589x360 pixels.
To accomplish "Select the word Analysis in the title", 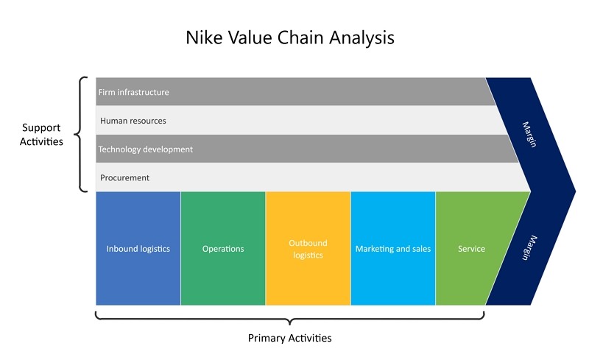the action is point(362,38).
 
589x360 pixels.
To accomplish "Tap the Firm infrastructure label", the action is point(134,92).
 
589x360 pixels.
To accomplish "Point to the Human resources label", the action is point(133,121).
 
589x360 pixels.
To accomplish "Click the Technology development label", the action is point(145,149).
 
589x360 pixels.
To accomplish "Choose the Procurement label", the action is point(124,177).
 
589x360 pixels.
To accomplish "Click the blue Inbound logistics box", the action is point(138,248).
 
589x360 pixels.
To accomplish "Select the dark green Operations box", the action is point(223,248).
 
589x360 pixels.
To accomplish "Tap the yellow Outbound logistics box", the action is point(308,248).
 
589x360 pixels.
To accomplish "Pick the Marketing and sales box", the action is point(393,248).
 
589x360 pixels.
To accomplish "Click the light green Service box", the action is point(473,248).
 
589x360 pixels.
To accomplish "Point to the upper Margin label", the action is point(529,134).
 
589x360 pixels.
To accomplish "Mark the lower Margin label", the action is point(529,247).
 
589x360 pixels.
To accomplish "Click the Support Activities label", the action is point(41,135).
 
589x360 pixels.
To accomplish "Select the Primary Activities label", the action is point(289,338).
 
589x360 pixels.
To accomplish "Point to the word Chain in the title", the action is point(300,38).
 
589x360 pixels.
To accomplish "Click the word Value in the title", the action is point(250,38).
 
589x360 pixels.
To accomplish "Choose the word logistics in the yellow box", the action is point(308,255).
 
